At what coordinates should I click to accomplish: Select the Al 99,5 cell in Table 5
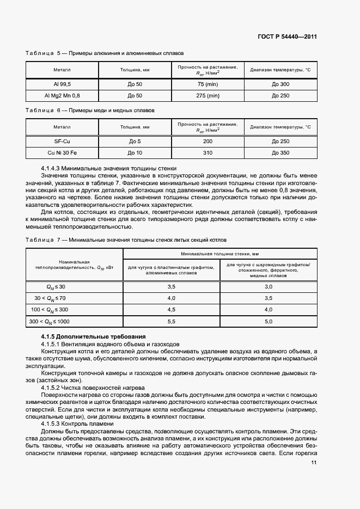click(x=62, y=84)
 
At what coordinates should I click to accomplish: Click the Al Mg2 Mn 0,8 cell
click(x=62, y=96)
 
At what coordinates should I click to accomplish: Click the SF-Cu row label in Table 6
click(x=62, y=142)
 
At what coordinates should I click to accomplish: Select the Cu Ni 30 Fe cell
click(x=62, y=153)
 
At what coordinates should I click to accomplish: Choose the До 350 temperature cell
click(x=280, y=153)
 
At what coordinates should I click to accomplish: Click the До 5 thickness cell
click(x=135, y=142)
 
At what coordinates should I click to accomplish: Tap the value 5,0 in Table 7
click(x=269, y=322)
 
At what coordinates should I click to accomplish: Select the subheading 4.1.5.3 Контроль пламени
click(x=77, y=424)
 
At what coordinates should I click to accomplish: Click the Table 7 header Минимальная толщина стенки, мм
click(x=220, y=254)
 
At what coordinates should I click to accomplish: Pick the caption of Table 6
click(x=90, y=111)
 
